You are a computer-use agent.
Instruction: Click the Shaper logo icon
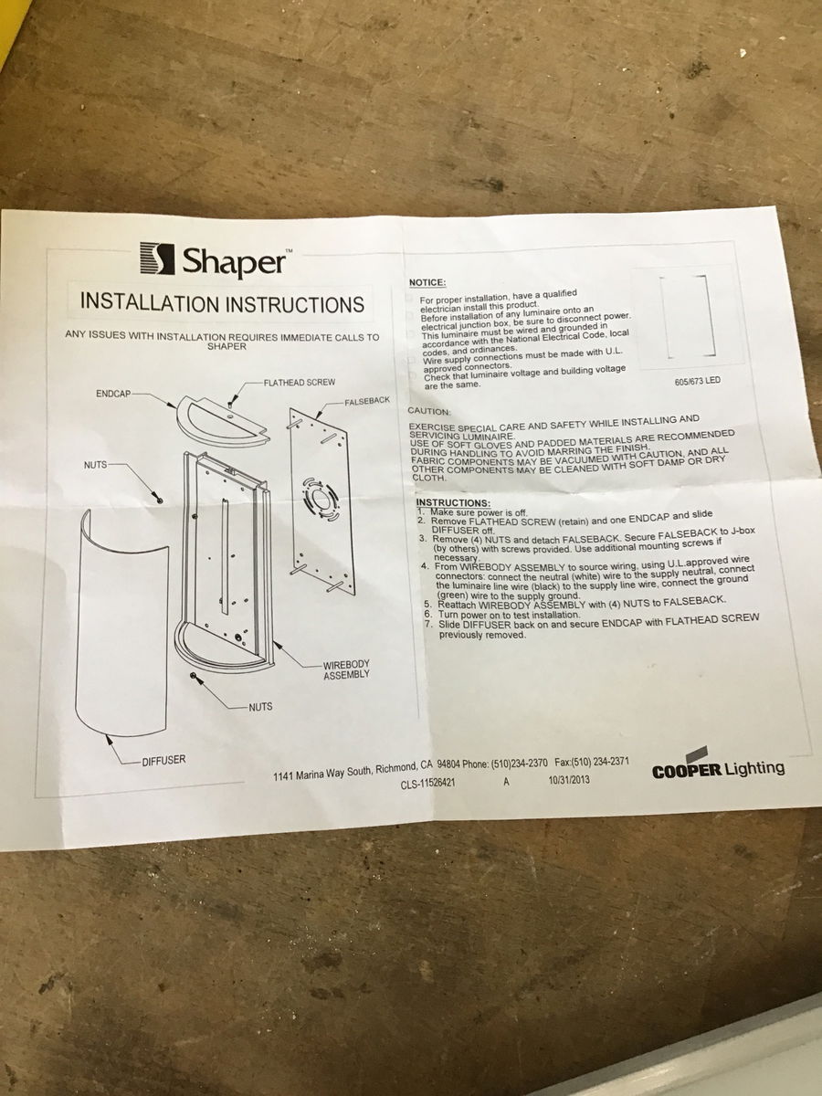coord(157,258)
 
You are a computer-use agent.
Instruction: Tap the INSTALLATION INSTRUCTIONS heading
coord(223,303)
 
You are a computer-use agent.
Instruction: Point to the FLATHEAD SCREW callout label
coord(300,383)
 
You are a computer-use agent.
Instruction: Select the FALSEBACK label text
coord(367,401)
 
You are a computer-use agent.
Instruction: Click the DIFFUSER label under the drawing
coord(163,761)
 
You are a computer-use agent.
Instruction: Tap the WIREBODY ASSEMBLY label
coord(346,669)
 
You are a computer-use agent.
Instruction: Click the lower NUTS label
coord(260,707)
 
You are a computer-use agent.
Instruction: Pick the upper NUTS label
coord(95,465)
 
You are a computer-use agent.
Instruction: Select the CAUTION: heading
coord(429,411)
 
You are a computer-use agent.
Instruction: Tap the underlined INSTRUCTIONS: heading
coord(453,502)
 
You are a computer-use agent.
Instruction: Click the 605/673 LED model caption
coord(697,381)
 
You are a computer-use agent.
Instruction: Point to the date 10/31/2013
coord(568,779)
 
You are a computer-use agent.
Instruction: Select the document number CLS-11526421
coord(427,784)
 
